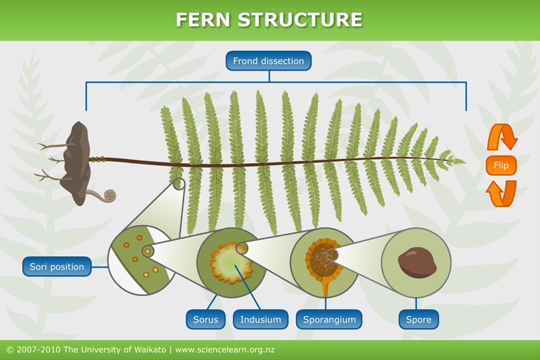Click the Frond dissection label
click(x=268, y=61)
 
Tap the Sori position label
click(x=57, y=266)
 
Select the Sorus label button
click(x=205, y=319)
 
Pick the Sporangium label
click(x=329, y=319)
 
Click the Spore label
click(x=418, y=319)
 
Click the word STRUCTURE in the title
click(x=300, y=20)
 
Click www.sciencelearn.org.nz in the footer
click(x=225, y=350)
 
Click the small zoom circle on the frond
click(x=179, y=183)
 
